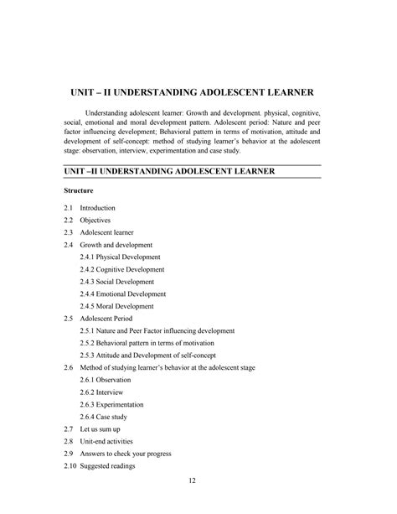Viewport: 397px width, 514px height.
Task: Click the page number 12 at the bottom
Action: tap(192, 480)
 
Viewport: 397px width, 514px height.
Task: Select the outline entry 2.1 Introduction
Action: tap(89, 207)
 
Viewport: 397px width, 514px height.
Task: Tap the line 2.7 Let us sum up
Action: tap(91, 429)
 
